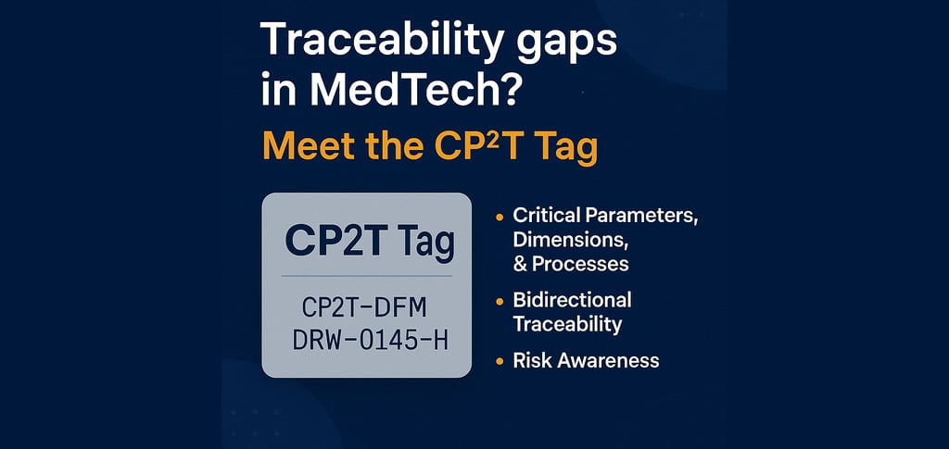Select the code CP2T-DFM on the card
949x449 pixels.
[364, 307]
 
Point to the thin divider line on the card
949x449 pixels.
[367, 276]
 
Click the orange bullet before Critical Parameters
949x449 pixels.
[500, 217]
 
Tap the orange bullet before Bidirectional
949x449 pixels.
[500, 301]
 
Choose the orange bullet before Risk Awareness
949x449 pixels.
[500, 362]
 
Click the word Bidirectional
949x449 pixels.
[573, 300]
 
